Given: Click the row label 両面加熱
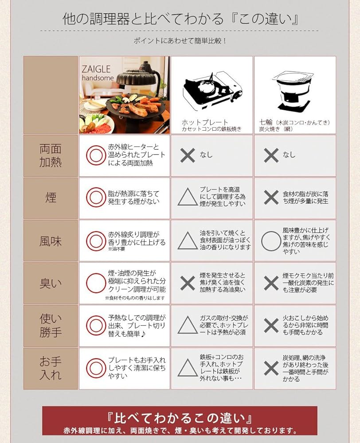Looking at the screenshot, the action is (51, 155).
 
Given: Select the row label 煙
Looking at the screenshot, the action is (51, 197).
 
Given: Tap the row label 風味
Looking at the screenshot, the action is (51, 241).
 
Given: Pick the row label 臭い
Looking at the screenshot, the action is (51, 284).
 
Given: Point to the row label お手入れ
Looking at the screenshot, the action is (51, 369).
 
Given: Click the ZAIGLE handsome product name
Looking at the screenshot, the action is (98, 73).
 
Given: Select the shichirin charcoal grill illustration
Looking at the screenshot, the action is (293, 90).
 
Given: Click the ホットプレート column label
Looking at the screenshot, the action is (205, 122).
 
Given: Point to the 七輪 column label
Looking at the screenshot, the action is (294, 122).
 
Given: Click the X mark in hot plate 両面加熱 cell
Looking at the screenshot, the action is (188, 155).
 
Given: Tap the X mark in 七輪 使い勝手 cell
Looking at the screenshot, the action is (271, 326).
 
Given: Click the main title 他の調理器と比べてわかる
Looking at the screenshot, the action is (143, 19).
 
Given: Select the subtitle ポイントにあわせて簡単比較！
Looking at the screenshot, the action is (180, 41).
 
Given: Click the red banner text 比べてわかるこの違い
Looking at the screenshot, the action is (180, 418).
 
